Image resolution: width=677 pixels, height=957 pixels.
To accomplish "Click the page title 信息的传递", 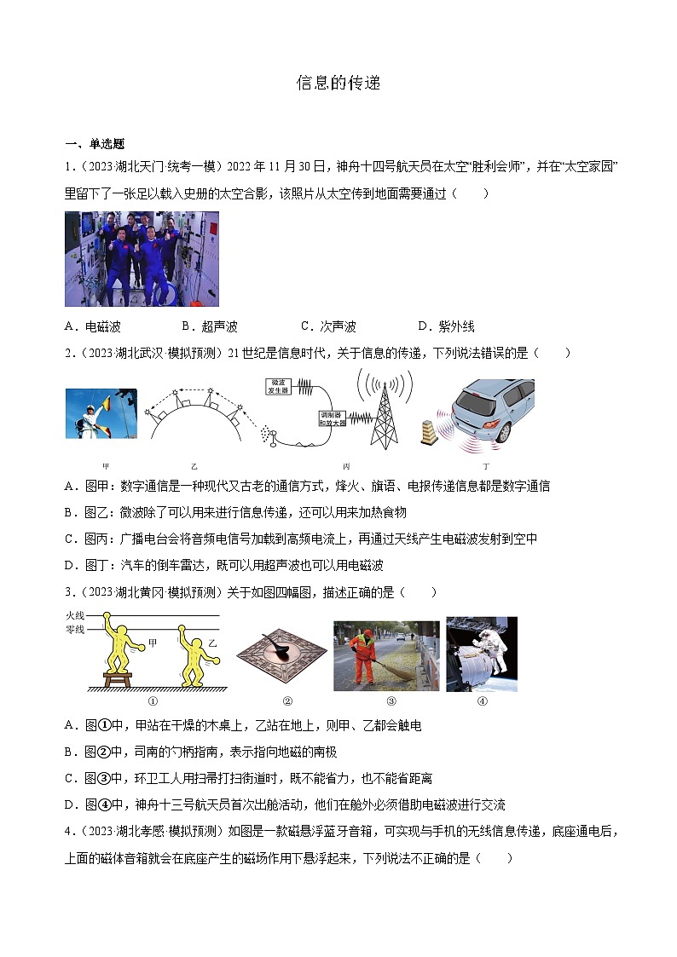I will tap(338, 83).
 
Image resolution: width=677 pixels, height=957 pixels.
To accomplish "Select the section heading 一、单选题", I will tap(94, 144).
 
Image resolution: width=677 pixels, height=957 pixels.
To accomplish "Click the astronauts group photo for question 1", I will tap(142, 259).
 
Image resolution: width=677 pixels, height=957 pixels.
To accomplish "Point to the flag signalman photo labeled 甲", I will tap(101, 414).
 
